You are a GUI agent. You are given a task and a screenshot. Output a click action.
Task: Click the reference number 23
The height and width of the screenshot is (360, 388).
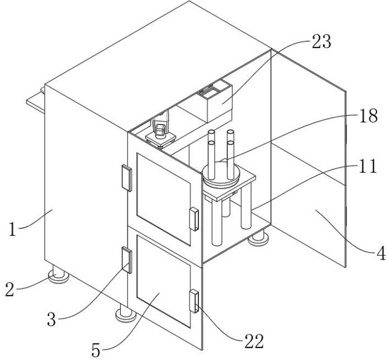321,42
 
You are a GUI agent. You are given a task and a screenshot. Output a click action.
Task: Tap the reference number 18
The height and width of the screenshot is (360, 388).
368,116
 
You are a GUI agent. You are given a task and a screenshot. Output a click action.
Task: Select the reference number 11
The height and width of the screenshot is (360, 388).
368,166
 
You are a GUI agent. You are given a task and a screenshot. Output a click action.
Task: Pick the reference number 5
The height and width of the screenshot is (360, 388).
96,350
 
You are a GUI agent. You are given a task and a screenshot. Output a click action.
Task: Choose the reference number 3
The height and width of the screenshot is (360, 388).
51,320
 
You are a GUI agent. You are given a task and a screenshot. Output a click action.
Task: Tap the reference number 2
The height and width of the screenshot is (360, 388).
9,290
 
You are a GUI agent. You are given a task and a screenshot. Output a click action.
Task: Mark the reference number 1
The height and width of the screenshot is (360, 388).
12,229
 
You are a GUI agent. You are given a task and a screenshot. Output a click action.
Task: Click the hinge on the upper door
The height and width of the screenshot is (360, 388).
127,178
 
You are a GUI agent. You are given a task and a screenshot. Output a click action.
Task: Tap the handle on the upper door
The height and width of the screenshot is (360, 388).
194,220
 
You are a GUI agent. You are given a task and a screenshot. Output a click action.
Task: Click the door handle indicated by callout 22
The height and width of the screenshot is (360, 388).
194,301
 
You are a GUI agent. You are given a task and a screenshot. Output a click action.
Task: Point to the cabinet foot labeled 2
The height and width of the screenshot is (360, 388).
58,274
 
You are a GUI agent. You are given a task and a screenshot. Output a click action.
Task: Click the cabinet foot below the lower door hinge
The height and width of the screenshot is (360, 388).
126,313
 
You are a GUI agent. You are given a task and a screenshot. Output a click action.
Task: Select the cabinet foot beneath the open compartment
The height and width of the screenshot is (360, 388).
258,238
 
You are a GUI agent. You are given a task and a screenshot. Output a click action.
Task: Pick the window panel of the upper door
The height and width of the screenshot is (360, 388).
163,199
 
